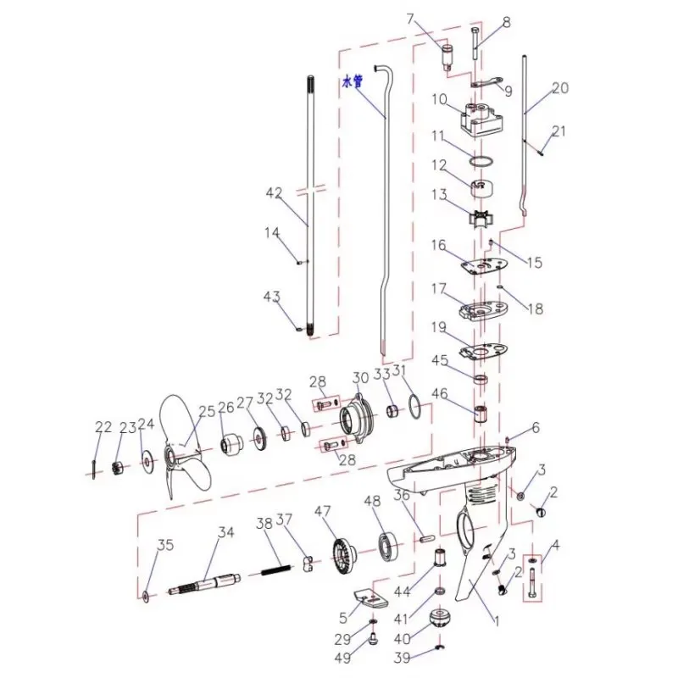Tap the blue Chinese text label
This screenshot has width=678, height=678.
(x=352, y=82)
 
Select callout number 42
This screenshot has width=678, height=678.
(x=273, y=193)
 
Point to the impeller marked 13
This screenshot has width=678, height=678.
(x=481, y=215)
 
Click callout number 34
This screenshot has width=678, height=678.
(x=225, y=532)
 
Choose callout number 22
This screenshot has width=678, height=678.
(x=103, y=427)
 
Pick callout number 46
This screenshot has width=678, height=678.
(x=439, y=393)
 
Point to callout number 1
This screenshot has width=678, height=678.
(x=497, y=620)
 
